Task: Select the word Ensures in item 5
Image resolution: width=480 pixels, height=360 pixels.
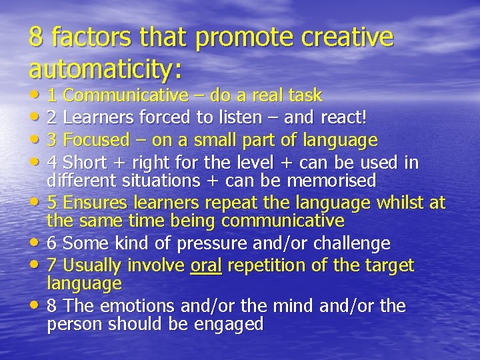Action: coord(95,203)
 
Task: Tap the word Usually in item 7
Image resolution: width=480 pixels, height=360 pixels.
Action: coord(94,265)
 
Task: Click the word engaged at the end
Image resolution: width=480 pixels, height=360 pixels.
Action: coord(229,324)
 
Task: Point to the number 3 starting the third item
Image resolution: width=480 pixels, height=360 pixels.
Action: coord(52,141)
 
